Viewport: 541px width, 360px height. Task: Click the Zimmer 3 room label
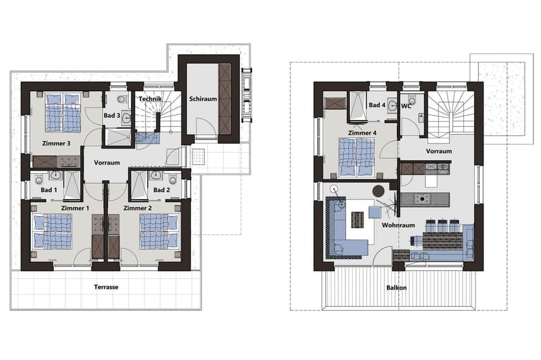[x=56, y=143]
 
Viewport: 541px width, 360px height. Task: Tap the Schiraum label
[x=203, y=96]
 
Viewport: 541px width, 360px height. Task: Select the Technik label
[x=150, y=99]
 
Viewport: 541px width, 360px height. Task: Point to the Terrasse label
[x=106, y=287]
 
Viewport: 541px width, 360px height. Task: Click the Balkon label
[x=396, y=287]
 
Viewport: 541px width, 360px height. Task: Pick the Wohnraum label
[x=398, y=225]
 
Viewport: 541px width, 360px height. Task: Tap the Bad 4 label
[x=377, y=105]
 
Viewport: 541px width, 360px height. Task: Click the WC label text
[x=406, y=105]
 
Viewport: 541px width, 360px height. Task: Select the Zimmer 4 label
[x=362, y=133]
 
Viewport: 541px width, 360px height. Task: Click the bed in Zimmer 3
[x=63, y=113]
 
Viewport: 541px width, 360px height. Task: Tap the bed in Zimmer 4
[x=357, y=157]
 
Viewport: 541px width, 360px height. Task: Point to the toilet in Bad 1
[x=38, y=179]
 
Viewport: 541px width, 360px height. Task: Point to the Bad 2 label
[x=162, y=190]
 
